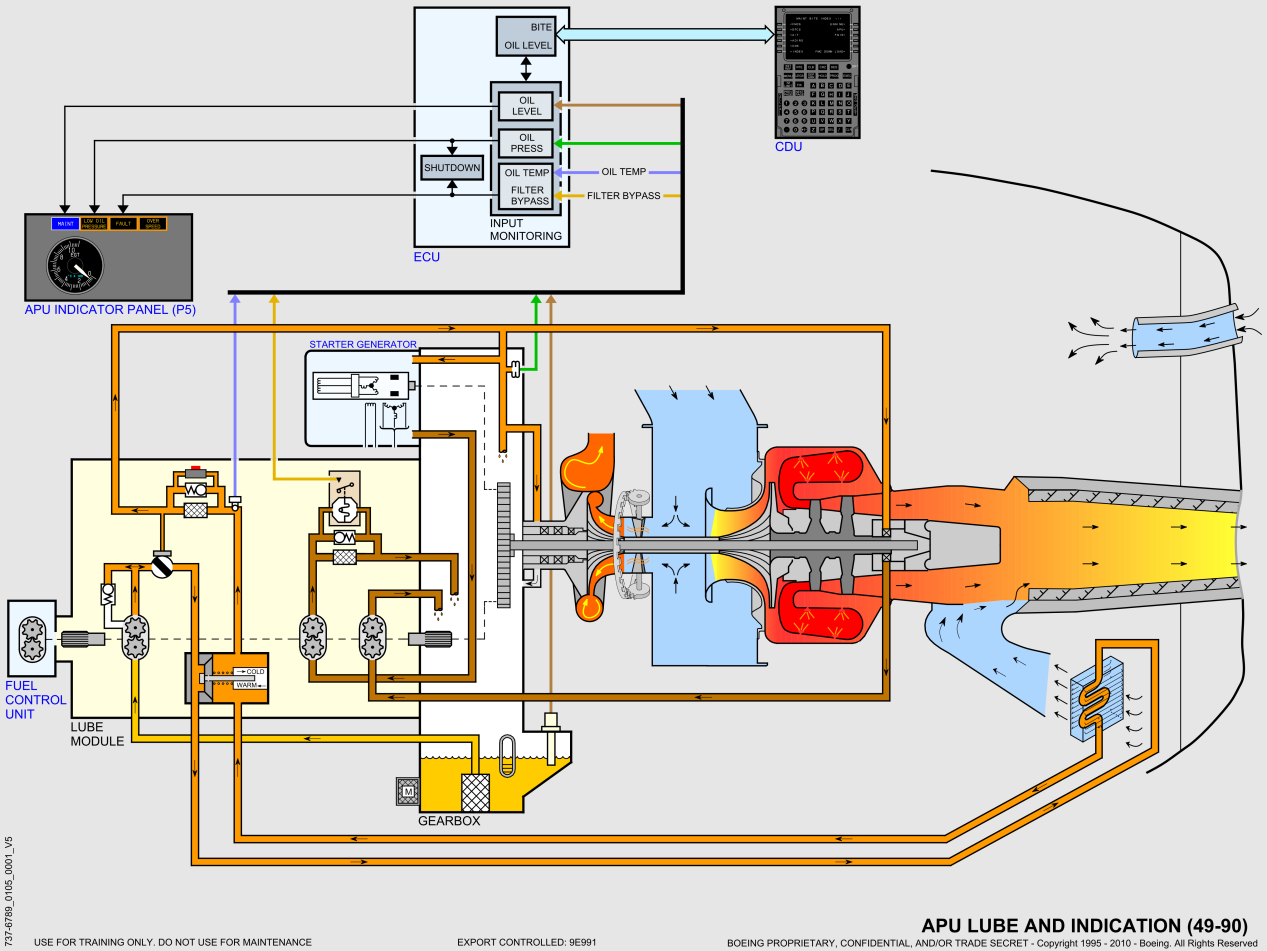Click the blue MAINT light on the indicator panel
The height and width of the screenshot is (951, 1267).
[66, 224]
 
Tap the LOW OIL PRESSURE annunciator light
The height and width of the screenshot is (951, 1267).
[95, 224]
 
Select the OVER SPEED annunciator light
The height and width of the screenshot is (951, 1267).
[153, 224]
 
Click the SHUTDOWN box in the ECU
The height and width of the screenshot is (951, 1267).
[451, 168]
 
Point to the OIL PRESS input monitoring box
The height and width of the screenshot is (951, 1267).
[526, 143]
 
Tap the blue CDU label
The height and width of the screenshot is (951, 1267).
[788, 147]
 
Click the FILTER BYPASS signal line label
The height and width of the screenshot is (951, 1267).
[623, 196]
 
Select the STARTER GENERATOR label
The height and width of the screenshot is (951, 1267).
[362, 345]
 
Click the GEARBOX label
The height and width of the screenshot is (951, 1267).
[449, 821]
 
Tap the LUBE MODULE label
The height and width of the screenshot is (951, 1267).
[97, 734]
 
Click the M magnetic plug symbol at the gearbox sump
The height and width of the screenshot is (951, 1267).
[407, 791]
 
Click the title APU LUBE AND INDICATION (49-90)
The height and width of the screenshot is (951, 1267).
[1088, 925]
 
